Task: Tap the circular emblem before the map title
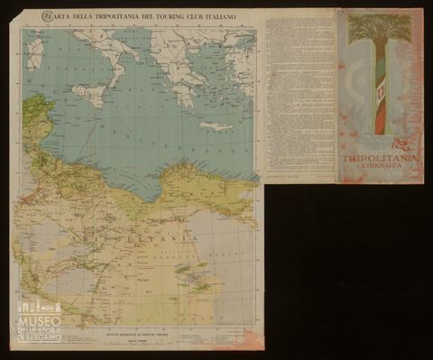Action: coord(46,15)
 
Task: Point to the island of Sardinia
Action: coord(35,54)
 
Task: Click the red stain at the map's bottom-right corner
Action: coord(245,341)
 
